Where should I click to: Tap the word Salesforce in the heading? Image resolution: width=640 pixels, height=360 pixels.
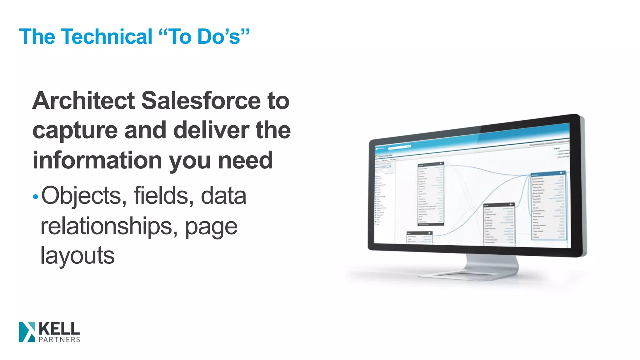click(x=201, y=101)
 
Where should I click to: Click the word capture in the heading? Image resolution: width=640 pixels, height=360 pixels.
click(x=75, y=131)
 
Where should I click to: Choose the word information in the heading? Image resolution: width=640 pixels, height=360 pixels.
click(x=97, y=160)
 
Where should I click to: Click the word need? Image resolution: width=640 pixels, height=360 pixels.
click(x=246, y=160)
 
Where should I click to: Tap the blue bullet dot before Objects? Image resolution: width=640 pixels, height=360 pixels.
click(x=35, y=197)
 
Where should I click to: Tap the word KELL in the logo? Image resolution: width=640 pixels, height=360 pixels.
click(x=59, y=329)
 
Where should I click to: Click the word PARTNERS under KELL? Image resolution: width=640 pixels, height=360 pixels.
click(x=59, y=340)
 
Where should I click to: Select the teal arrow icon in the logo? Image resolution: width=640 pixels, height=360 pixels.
click(x=27, y=332)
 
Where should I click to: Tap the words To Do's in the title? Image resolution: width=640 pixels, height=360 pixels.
click(x=205, y=37)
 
